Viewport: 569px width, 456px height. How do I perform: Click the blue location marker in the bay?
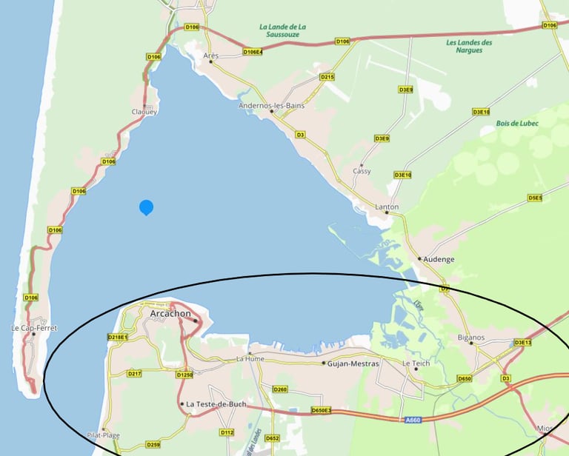[147, 207]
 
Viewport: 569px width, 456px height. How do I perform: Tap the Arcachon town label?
[170, 314]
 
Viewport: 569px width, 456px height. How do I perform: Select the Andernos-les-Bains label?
[271, 105]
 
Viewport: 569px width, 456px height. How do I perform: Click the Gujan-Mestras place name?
[354, 363]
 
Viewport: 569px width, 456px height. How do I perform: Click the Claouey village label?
[144, 112]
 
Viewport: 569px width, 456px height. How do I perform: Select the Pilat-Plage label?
[102, 435]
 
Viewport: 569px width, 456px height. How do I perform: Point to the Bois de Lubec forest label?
[517, 123]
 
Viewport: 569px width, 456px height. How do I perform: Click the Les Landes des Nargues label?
[470, 46]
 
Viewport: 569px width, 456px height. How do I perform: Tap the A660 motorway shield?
[413, 420]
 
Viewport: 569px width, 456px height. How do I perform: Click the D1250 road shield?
[184, 375]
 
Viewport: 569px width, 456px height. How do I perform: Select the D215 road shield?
[327, 77]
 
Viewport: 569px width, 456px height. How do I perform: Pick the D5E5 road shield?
[535, 198]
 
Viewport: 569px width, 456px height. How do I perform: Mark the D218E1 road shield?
[118, 338]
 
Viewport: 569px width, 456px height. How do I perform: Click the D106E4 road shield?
[253, 52]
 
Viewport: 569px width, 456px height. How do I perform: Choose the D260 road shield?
[280, 389]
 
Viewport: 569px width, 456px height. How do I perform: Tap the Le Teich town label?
[416, 363]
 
